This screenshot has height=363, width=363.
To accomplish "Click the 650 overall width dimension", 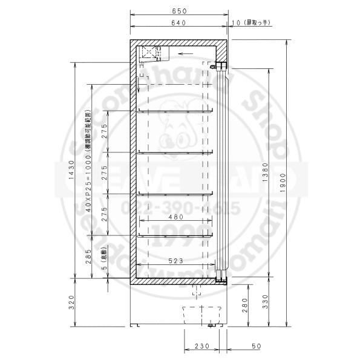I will [178, 11].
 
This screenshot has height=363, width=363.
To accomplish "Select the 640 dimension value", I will [177, 23].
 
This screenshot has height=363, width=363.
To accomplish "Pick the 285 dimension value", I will [89, 255].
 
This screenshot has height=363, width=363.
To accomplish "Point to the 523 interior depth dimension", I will [175, 261].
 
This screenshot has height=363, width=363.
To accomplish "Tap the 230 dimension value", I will [201, 346].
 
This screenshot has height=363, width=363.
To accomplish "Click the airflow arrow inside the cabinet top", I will [186, 53].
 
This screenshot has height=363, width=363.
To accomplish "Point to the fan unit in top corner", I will [148, 54].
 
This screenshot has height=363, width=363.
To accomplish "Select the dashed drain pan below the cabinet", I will [200, 315].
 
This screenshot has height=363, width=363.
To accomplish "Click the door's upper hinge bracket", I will [221, 66].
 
